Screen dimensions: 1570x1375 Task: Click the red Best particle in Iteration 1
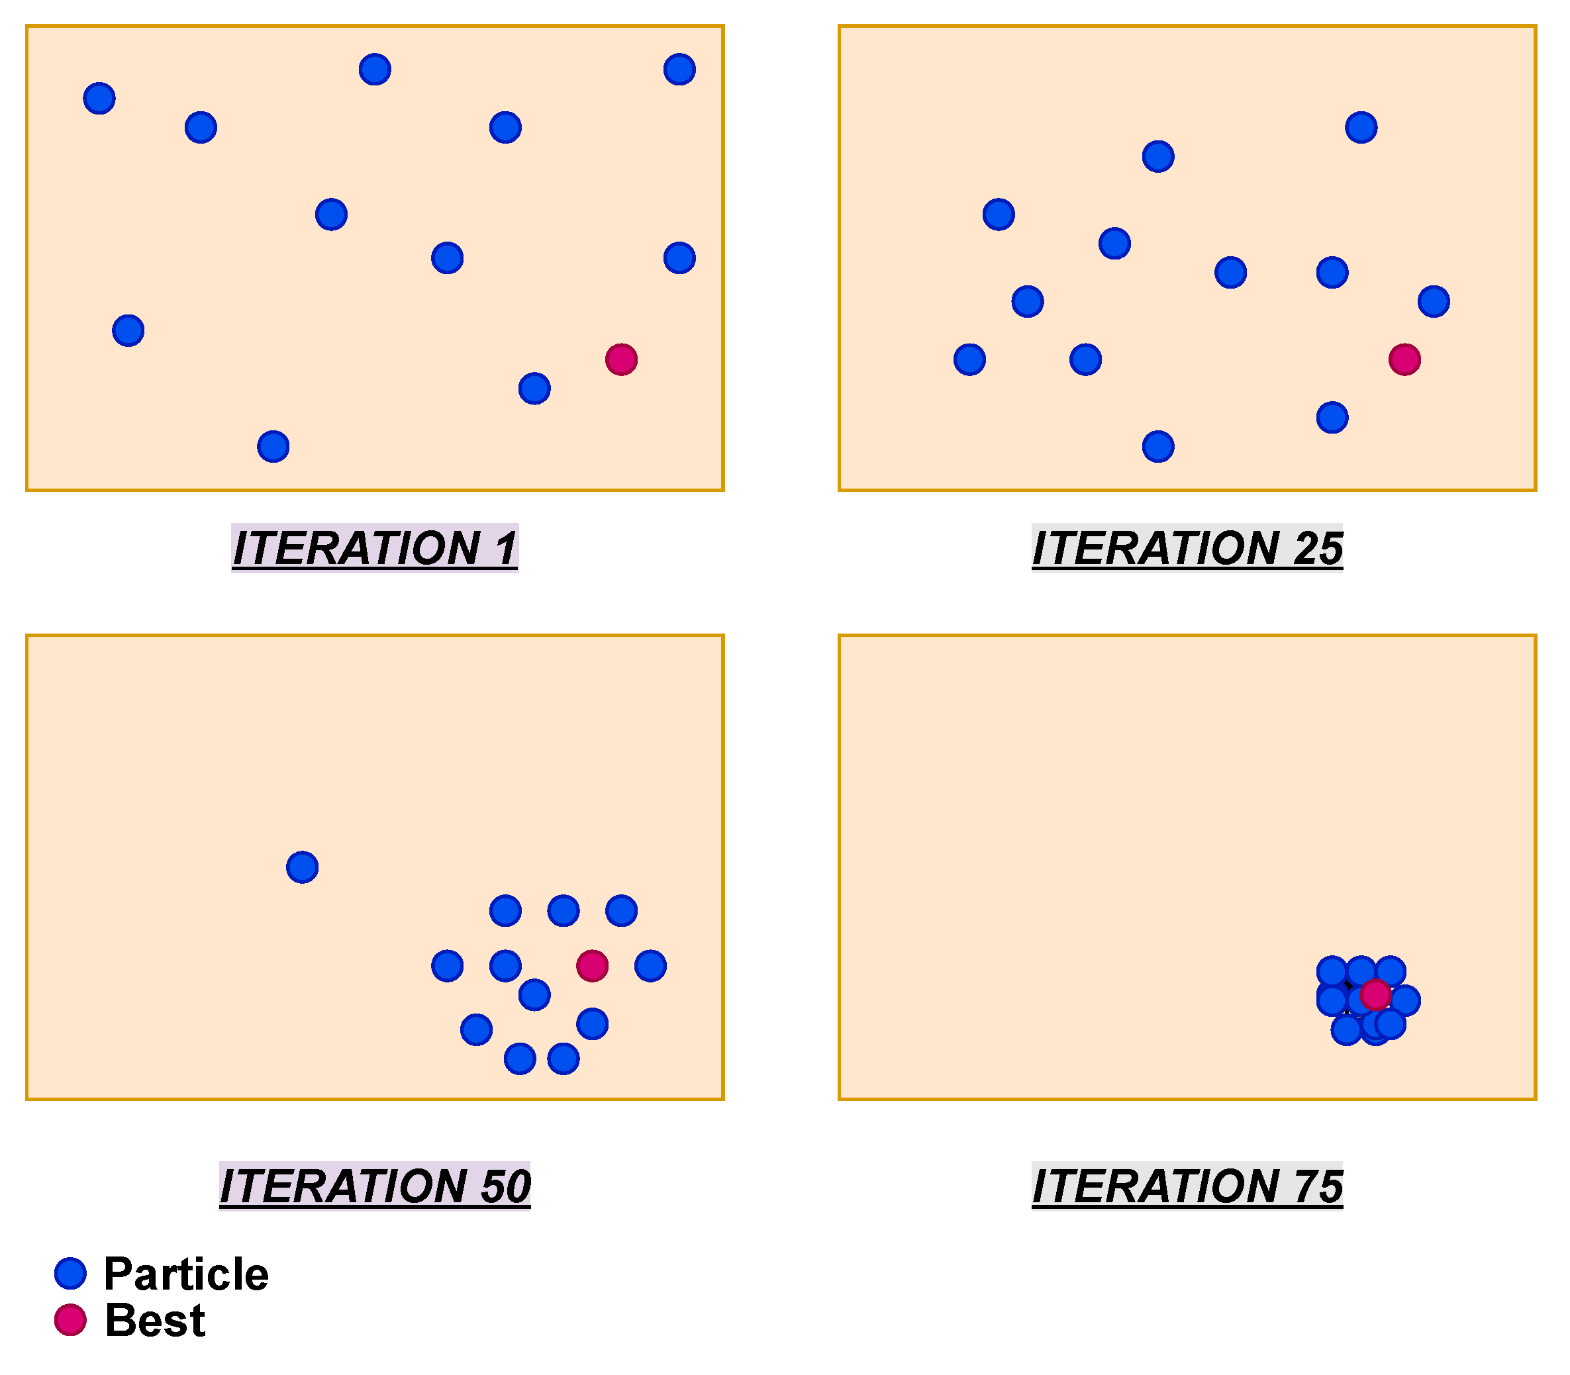click(x=621, y=359)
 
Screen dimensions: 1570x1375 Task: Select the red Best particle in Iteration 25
click(x=1404, y=359)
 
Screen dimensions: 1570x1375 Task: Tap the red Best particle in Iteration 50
click(x=593, y=965)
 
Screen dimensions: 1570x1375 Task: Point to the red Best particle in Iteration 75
click(x=1375, y=994)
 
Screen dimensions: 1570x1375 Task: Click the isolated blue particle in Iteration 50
click(x=303, y=867)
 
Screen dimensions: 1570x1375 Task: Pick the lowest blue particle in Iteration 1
click(x=273, y=447)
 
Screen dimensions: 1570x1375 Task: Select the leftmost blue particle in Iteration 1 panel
click(x=99, y=98)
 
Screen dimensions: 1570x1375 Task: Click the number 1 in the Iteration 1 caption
click(x=506, y=548)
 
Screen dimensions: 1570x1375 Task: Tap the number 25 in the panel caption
click(x=1318, y=548)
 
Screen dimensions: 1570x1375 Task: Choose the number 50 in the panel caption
click(x=505, y=1186)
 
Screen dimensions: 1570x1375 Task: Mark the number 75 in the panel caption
click(x=1318, y=1186)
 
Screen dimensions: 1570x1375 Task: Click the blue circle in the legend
click(x=70, y=1273)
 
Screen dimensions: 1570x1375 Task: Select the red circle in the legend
click(x=70, y=1320)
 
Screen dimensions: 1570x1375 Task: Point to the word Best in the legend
click(x=155, y=1321)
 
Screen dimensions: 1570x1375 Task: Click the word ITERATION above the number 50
click(x=343, y=1186)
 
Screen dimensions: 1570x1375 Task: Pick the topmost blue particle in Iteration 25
click(x=1361, y=126)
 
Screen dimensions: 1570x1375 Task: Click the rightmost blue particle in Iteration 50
click(x=650, y=965)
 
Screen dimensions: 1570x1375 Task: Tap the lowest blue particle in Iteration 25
click(x=1158, y=447)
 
